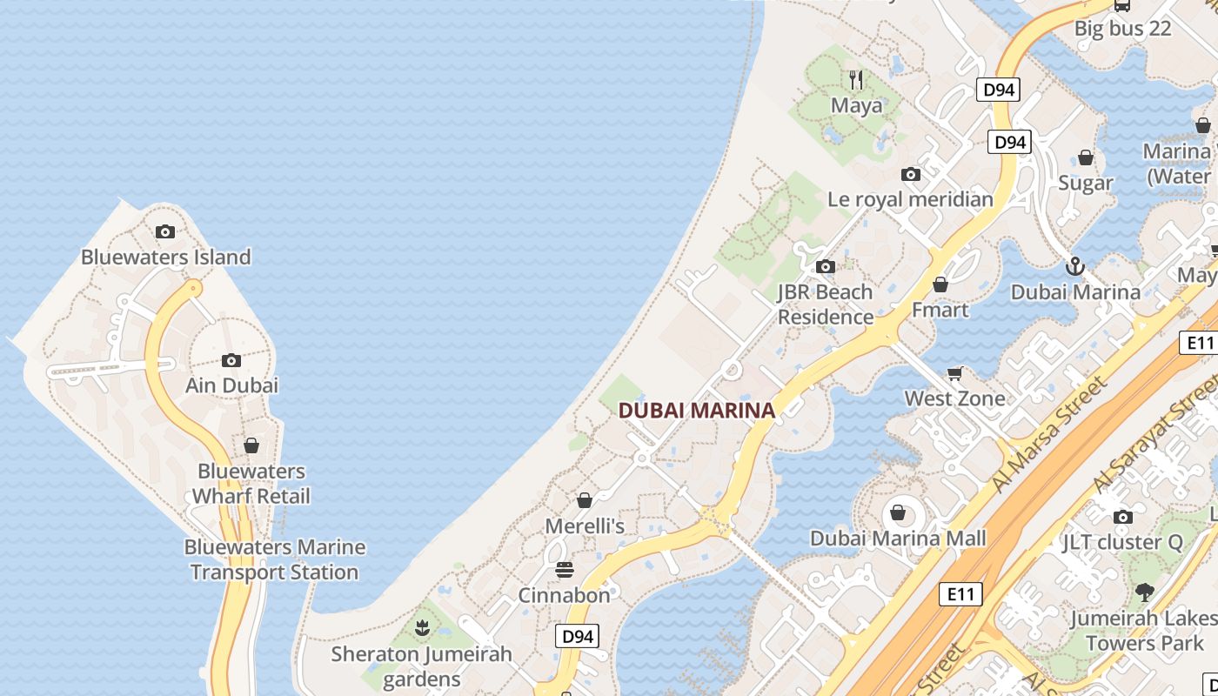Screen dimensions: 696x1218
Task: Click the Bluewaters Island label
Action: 165,257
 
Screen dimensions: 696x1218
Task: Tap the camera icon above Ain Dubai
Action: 231,360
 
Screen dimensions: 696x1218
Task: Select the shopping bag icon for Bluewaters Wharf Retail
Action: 251,445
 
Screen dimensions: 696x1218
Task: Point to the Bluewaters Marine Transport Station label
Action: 274,559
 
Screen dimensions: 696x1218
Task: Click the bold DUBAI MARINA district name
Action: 696,411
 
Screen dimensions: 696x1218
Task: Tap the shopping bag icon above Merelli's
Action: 585,500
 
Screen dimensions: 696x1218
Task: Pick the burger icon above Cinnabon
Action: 565,570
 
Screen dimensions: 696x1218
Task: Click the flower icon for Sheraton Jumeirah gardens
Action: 422,627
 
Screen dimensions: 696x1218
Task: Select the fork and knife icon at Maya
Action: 856,80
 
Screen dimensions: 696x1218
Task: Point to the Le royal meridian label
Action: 910,199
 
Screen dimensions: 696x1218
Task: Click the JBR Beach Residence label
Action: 825,304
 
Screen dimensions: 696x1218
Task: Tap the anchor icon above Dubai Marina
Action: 1075,265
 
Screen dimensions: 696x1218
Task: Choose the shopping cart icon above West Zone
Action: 954,373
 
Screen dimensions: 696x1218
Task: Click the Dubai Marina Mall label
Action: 898,539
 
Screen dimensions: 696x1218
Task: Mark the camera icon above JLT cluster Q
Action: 1122,517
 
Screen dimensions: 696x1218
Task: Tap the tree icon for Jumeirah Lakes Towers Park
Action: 1144,592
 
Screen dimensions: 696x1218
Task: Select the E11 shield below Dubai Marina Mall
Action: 960,594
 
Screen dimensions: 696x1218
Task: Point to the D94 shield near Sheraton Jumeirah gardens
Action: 578,636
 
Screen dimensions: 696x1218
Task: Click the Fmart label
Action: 940,310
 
